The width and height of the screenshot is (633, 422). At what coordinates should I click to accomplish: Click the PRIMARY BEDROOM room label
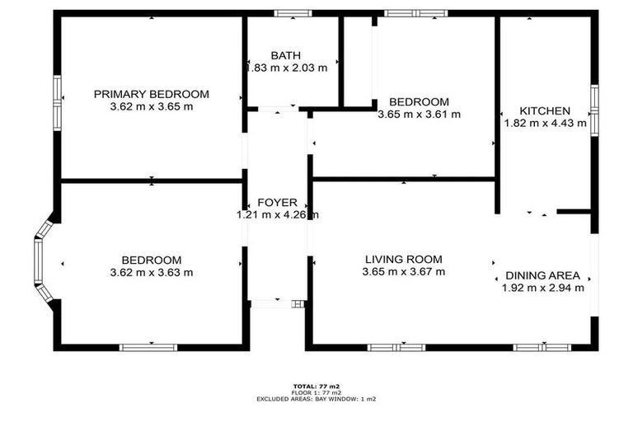pyautogui.click(x=151, y=94)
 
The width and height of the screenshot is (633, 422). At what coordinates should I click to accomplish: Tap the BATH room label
pyautogui.click(x=286, y=56)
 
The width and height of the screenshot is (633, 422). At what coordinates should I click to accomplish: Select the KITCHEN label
pyautogui.click(x=544, y=111)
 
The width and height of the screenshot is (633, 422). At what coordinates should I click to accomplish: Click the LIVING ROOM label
pyautogui.click(x=404, y=259)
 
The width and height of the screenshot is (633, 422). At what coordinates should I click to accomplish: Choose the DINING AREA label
pyautogui.click(x=543, y=275)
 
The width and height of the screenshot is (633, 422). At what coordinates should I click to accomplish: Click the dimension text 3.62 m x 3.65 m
pyautogui.click(x=151, y=106)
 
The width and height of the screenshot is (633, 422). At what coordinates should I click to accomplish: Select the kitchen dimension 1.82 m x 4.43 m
pyautogui.click(x=545, y=124)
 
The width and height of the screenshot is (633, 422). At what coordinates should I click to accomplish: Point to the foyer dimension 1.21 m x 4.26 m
pyautogui.click(x=277, y=215)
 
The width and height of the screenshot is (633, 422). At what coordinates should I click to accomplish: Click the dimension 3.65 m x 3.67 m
pyautogui.click(x=404, y=271)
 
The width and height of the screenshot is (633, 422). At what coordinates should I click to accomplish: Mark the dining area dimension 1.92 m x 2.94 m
pyautogui.click(x=543, y=288)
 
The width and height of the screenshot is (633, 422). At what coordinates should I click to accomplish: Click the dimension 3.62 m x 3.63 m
pyautogui.click(x=151, y=272)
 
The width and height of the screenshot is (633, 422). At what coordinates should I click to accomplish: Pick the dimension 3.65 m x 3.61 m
pyautogui.click(x=419, y=115)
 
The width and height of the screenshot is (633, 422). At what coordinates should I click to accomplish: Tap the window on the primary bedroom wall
pyautogui.click(x=57, y=102)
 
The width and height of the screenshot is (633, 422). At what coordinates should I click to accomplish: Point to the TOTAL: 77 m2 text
pyautogui.click(x=316, y=386)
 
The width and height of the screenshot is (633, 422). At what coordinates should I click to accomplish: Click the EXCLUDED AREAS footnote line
pyautogui.click(x=316, y=399)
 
